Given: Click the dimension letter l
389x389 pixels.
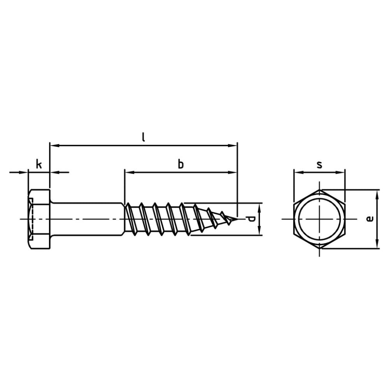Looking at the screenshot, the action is pyautogui.click(x=143, y=137).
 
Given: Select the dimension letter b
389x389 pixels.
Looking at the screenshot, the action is pyautogui.click(x=181, y=164).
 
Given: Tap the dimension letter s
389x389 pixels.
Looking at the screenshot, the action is pyautogui.click(x=319, y=165).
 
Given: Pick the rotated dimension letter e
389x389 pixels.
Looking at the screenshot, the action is pyautogui.click(x=370, y=219).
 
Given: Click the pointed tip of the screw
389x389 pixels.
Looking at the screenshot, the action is pyautogui.click(x=238, y=219).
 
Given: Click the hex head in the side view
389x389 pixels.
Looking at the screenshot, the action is pyautogui.click(x=39, y=219).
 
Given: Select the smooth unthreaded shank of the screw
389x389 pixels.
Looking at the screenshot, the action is pyautogui.click(x=87, y=219).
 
